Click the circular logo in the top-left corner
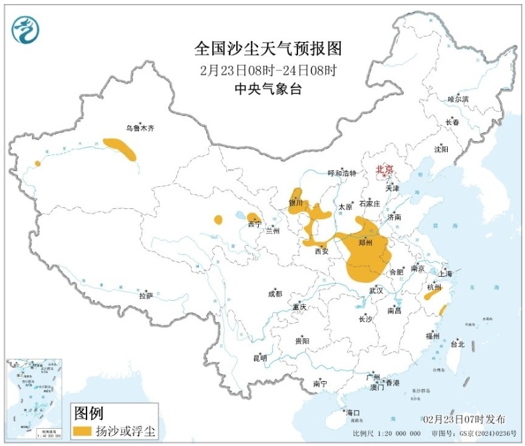pos(26,29)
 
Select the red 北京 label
pos(385,169)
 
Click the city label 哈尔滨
pos(458,99)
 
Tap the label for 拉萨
pos(145,295)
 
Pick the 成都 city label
pos(275,294)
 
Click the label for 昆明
pos(260,358)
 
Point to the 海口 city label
pos(352,413)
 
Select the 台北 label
pos(458,344)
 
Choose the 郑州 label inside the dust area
pos(365,243)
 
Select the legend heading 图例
pos(88,413)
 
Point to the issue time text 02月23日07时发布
pos(463,419)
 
